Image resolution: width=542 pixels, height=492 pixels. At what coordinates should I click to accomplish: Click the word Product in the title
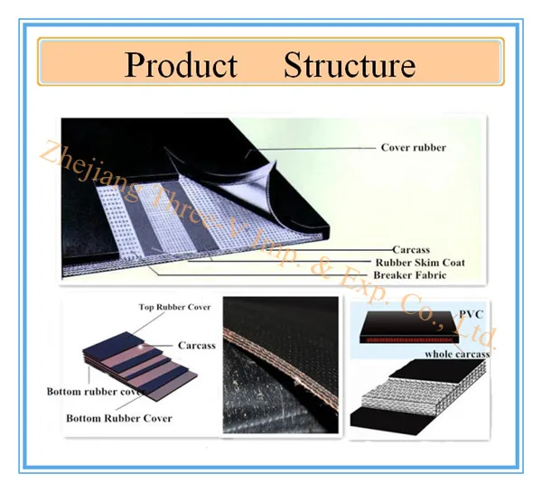[181, 66]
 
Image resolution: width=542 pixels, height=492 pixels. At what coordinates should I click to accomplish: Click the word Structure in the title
[350, 66]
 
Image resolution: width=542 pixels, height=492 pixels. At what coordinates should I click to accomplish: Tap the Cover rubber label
[413, 147]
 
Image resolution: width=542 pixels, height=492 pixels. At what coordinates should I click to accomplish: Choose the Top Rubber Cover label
[174, 307]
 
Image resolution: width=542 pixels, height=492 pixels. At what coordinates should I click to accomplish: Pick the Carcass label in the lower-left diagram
[196, 345]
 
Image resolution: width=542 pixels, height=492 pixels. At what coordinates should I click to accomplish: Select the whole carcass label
[456, 354]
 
